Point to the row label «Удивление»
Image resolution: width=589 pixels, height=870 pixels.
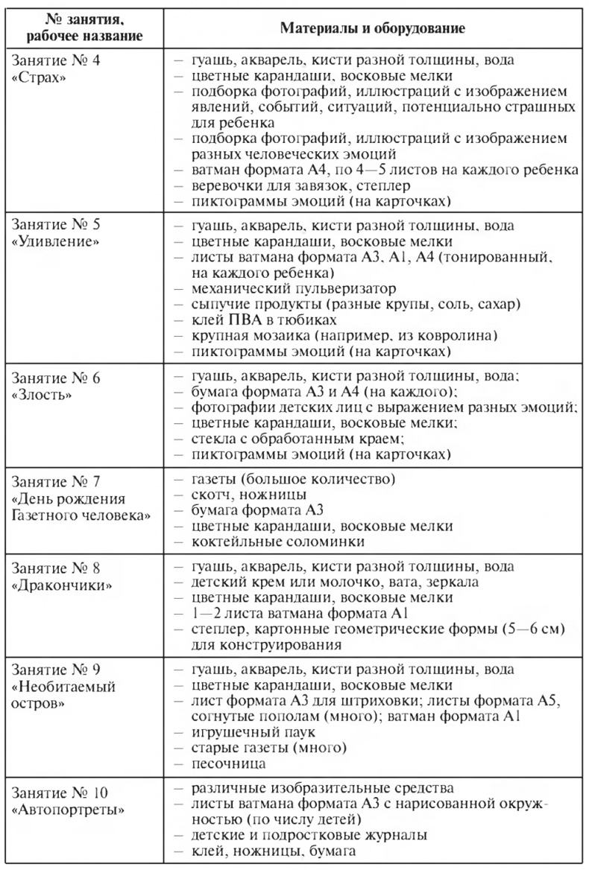click(x=52, y=242)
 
